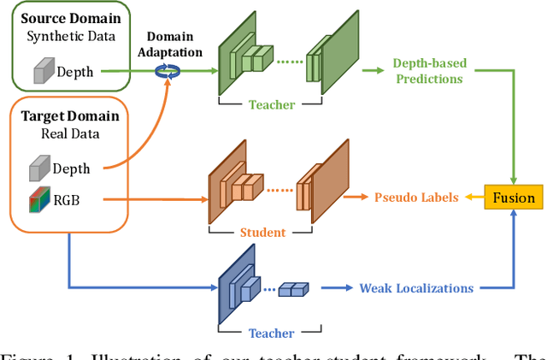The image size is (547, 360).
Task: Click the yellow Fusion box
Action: tap(514, 198)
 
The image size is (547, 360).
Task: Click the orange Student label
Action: tap(262, 232)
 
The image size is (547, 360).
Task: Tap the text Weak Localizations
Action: tap(416, 288)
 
